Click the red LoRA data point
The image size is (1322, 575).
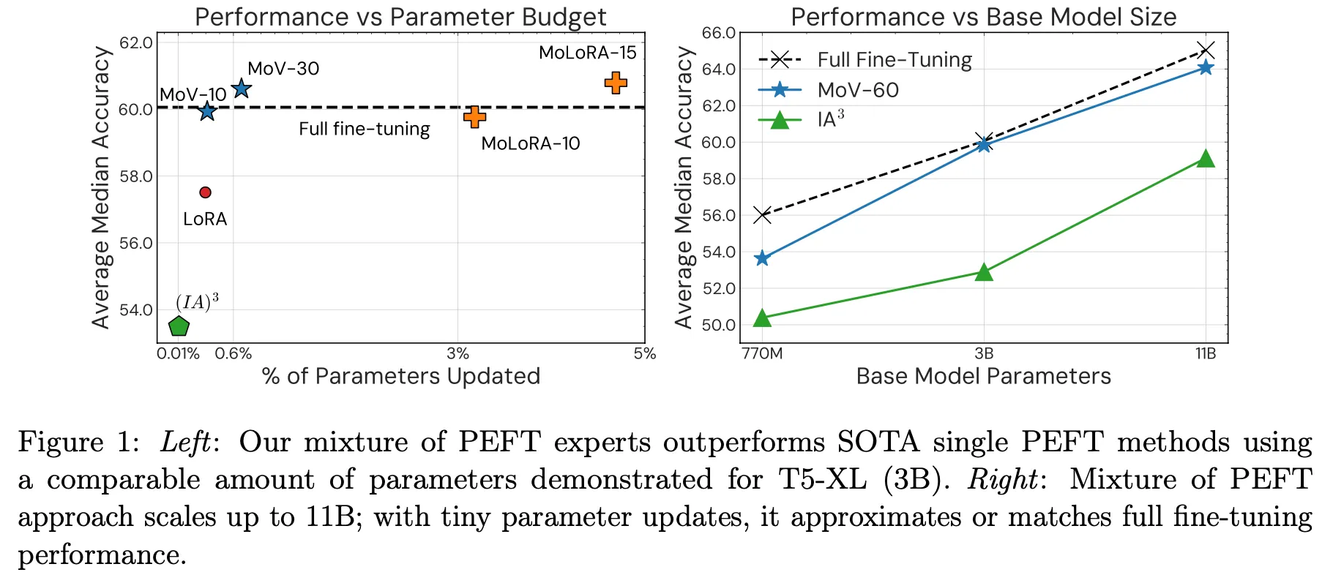(205, 192)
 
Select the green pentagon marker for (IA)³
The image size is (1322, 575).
(179, 326)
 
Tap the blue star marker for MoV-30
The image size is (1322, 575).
(241, 89)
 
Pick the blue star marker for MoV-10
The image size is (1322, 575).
(207, 111)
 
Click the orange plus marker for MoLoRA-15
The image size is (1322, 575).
(616, 83)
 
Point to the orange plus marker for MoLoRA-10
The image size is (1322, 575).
(474, 116)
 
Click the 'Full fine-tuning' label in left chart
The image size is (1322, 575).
(364, 129)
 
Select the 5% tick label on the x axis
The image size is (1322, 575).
(644, 354)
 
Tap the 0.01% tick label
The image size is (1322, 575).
(178, 354)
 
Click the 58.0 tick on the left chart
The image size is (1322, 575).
(136, 176)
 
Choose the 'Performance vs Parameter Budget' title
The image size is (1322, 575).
(400, 17)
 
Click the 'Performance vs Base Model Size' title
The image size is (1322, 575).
(983, 17)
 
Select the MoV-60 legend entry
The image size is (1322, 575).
(857, 90)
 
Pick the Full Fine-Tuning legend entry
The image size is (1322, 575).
(894, 60)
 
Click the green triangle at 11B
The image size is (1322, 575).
(1206, 159)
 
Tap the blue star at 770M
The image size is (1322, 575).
(762, 258)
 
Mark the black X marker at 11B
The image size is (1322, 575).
(1206, 50)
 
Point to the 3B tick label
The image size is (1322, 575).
(984, 354)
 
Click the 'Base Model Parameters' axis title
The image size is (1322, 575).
(983, 376)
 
